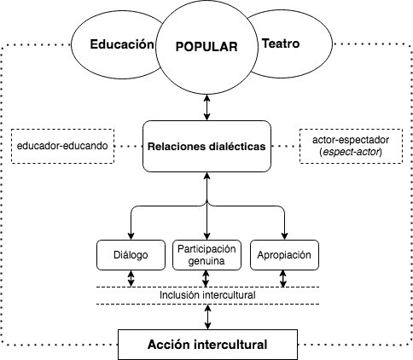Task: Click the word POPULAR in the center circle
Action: click(x=206, y=47)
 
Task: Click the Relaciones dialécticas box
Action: click(x=206, y=146)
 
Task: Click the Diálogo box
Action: click(x=130, y=254)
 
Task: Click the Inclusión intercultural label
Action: click(x=206, y=295)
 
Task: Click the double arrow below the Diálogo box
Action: click(x=130, y=278)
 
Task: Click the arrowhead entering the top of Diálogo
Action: click(x=130, y=236)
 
